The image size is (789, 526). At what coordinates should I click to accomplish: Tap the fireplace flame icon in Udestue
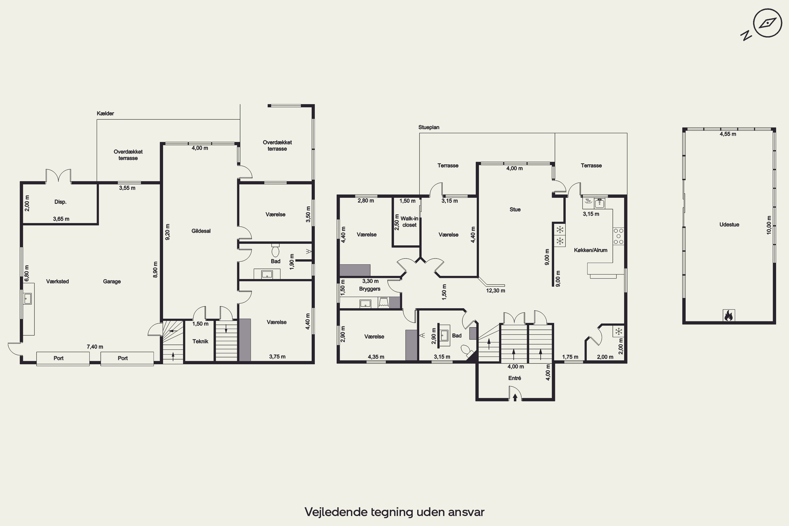tap(729, 315)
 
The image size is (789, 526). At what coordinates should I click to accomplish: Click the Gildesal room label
tap(201, 231)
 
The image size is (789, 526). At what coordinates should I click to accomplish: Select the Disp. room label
tap(60, 202)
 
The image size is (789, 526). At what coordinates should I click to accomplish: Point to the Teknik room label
tap(200, 341)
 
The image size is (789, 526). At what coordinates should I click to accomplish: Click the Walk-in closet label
tap(409, 222)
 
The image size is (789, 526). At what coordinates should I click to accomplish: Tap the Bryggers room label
tap(370, 289)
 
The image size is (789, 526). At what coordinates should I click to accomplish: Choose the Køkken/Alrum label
tap(590, 250)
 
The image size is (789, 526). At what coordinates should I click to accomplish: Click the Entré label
tap(515, 378)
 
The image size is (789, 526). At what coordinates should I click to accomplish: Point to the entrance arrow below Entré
tap(515, 397)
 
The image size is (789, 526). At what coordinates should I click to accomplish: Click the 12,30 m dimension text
tap(495, 291)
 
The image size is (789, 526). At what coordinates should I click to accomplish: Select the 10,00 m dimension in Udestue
tap(769, 225)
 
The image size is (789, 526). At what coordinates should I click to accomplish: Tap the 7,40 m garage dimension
tap(95, 347)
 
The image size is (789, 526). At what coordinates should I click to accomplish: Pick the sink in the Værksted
tap(28, 298)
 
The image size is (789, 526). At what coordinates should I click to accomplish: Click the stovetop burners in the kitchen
tap(618, 236)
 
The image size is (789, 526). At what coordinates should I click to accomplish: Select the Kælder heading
tap(105, 113)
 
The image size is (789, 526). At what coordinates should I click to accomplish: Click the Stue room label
tap(515, 210)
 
